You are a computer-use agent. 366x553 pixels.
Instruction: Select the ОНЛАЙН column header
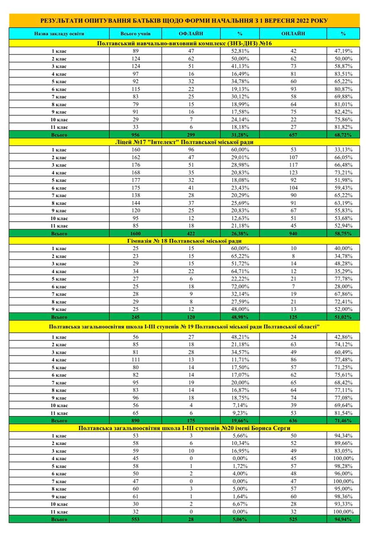click(x=293, y=33)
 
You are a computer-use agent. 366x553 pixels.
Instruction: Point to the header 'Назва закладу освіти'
click(x=59, y=33)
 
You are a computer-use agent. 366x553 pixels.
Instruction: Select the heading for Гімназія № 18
click(x=184, y=241)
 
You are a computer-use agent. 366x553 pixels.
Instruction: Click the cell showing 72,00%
click(x=240, y=286)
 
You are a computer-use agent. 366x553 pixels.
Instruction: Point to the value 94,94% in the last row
click(x=343, y=519)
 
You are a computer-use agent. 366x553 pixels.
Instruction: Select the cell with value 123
click(x=293, y=173)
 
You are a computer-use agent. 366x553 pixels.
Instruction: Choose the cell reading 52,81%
click(x=240, y=51)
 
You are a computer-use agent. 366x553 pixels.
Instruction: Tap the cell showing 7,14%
click(x=240, y=405)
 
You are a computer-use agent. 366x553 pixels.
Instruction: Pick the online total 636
click(x=293, y=420)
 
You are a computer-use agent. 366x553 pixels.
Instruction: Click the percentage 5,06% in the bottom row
click(x=240, y=519)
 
